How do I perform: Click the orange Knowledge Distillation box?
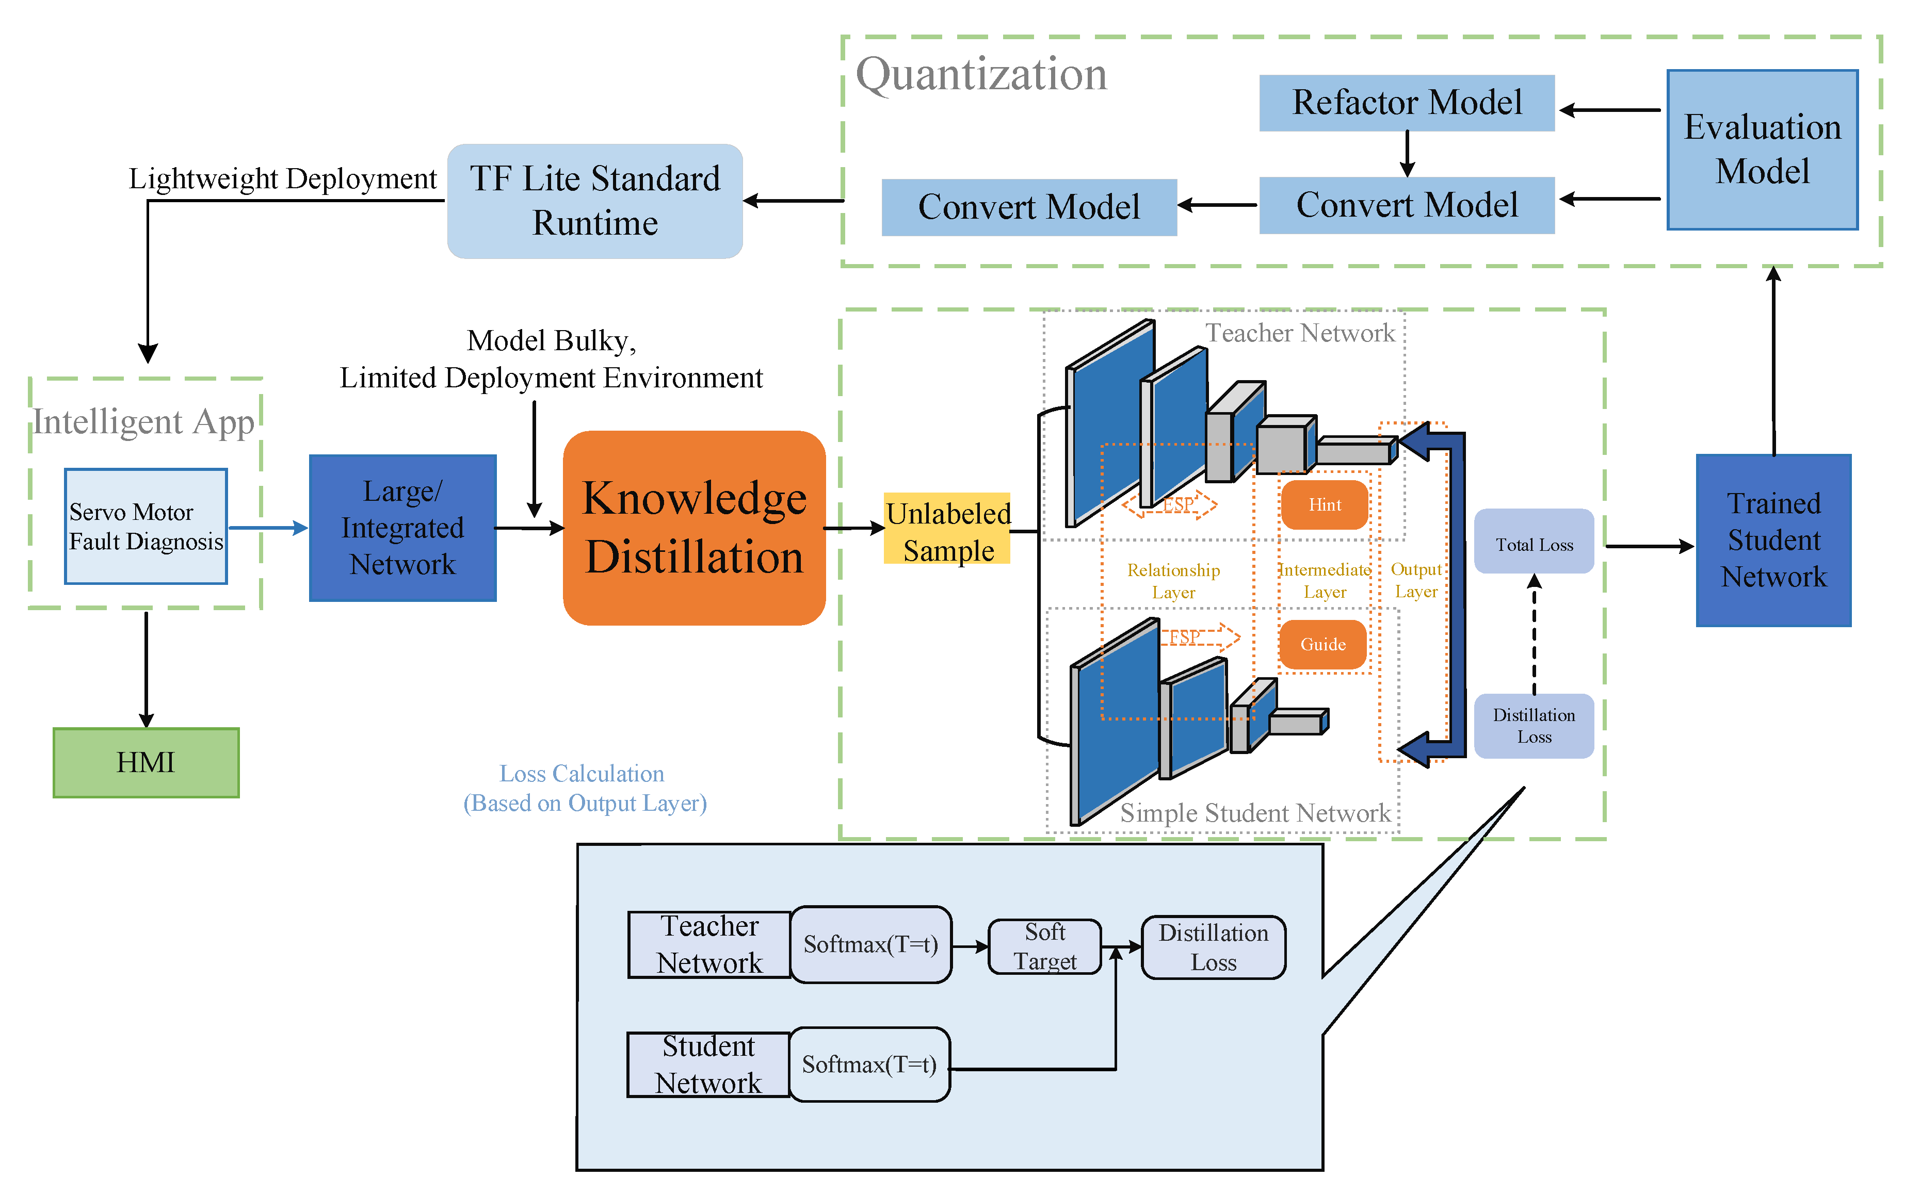tap(693, 528)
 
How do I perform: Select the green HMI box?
tap(146, 762)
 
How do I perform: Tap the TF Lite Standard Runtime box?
tap(595, 201)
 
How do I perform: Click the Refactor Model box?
tap(1406, 103)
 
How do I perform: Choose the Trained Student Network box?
tap(1773, 540)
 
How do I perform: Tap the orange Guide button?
tap(1323, 644)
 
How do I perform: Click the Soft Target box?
tap(1044, 946)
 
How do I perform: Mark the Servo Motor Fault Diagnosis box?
tap(146, 526)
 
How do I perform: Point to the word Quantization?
tap(982, 74)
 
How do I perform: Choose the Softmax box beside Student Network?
tap(869, 1065)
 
